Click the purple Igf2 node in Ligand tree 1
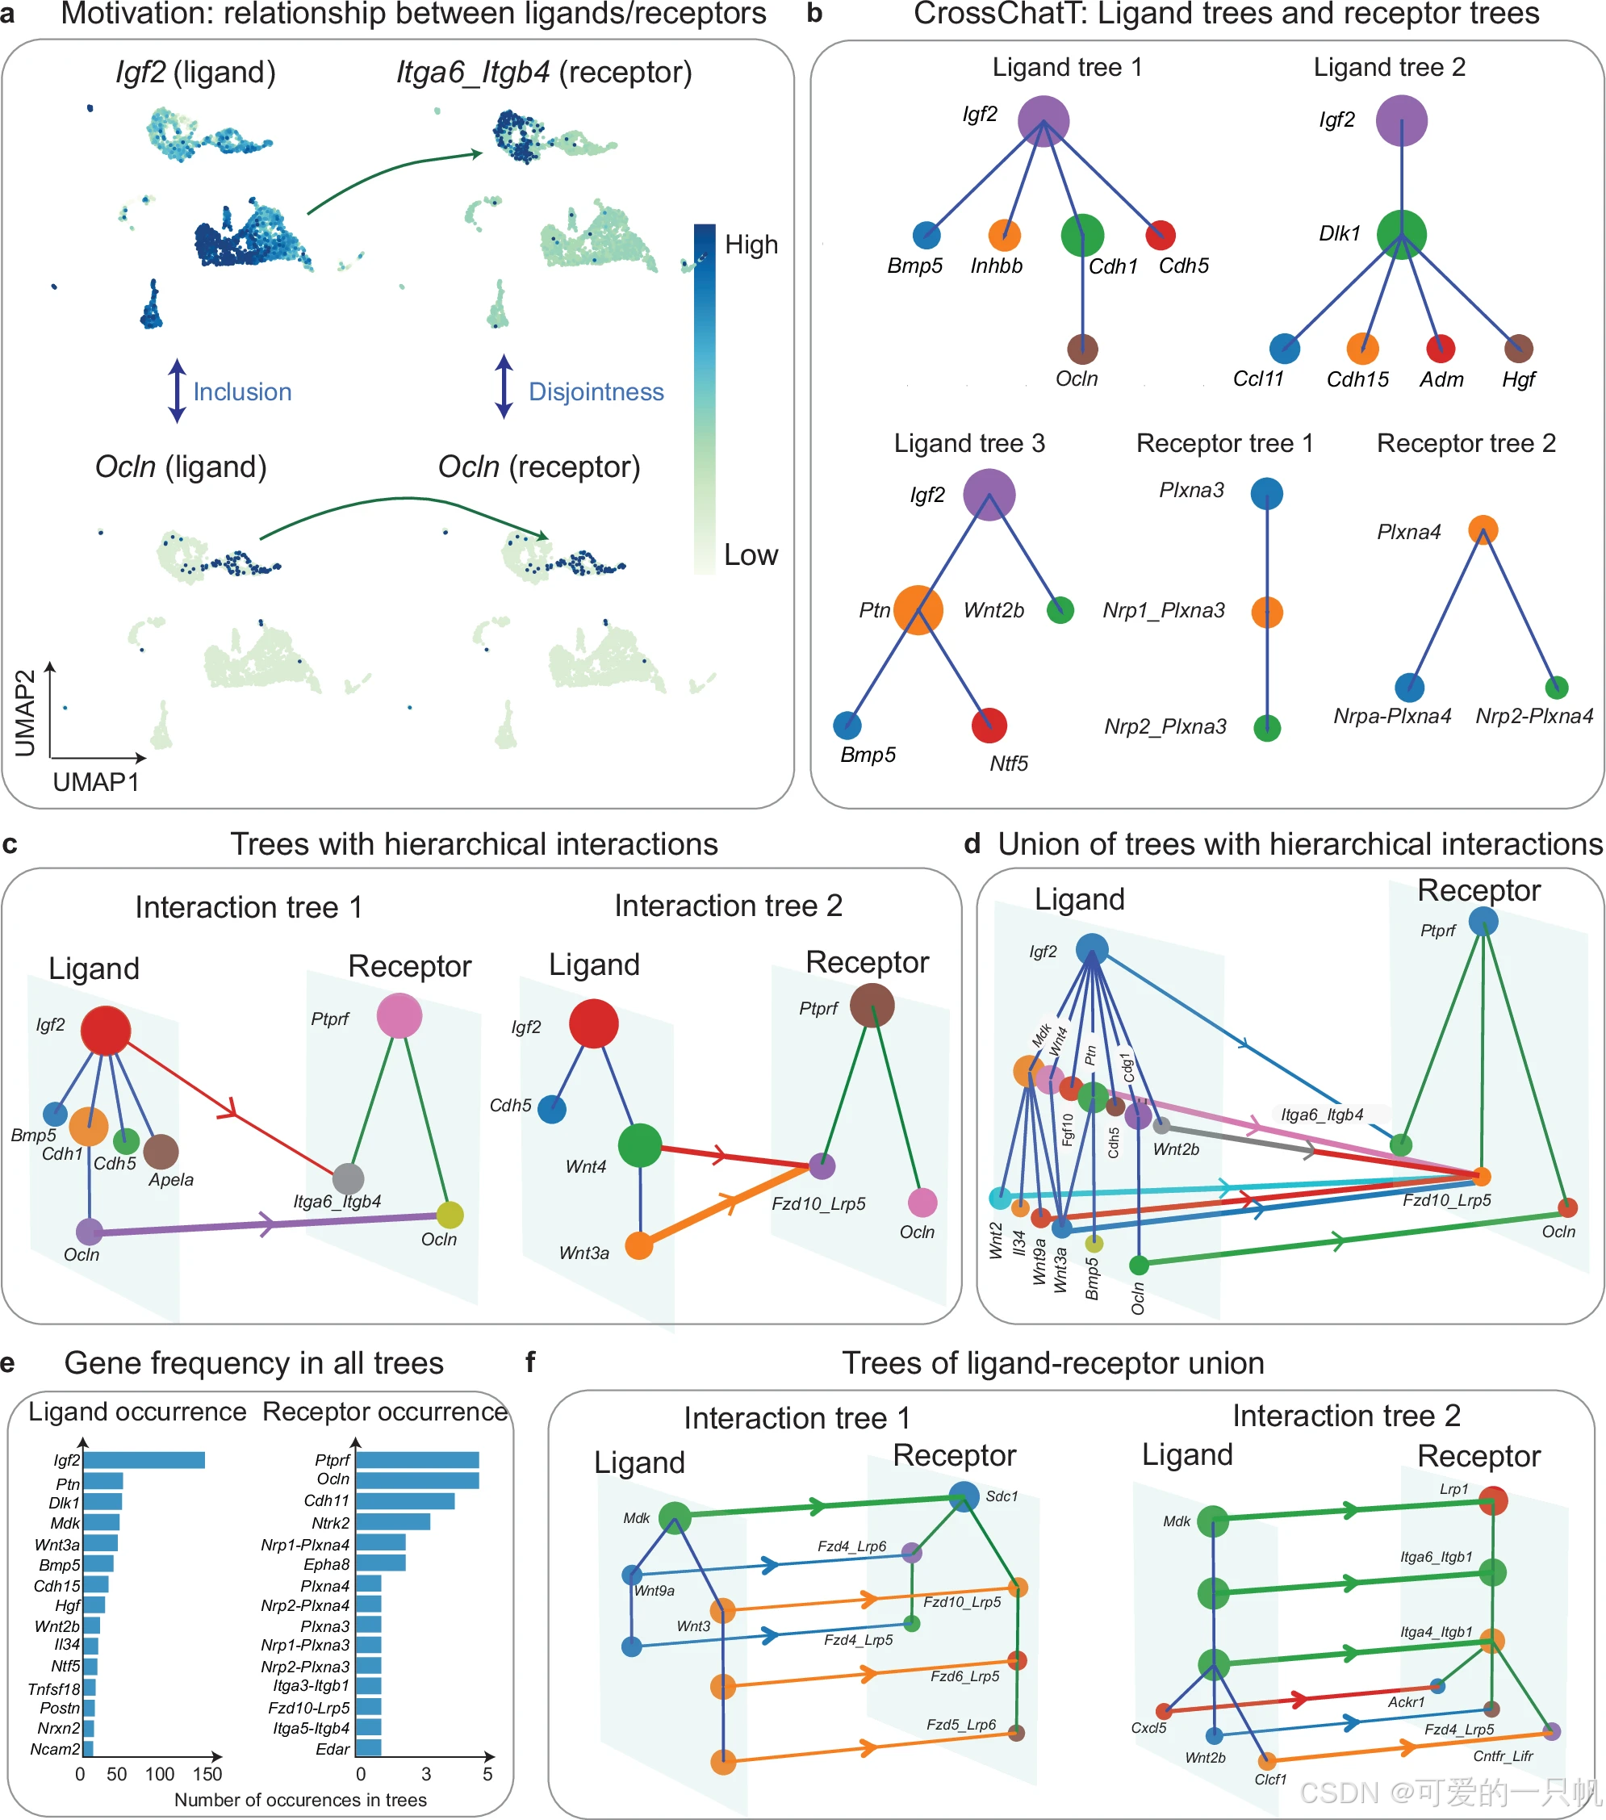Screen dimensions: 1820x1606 point(1043,121)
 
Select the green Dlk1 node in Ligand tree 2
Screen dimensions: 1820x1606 point(1401,234)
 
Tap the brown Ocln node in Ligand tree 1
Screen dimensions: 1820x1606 point(1081,349)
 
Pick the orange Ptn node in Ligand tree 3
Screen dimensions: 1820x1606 point(918,610)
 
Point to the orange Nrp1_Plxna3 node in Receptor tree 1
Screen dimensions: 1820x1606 point(1267,612)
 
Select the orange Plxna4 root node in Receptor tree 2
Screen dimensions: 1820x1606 point(1483,529)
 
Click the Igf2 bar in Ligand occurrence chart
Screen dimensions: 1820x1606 point(144,1460)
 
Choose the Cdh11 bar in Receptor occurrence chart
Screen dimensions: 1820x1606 point(405,1501)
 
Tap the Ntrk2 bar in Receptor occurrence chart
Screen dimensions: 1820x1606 point(392,1523)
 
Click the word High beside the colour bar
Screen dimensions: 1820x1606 point(751,245)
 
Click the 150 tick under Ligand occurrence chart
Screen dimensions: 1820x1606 point(207,1774)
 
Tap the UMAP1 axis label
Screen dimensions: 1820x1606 point(96,782)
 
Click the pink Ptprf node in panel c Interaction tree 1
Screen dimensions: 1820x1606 point(399,1016)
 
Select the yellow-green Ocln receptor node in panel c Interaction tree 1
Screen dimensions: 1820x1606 point(450,1215)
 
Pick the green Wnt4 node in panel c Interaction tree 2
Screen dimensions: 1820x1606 point(640,1145)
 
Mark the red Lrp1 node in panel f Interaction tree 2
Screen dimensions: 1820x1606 point(1493,1500)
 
